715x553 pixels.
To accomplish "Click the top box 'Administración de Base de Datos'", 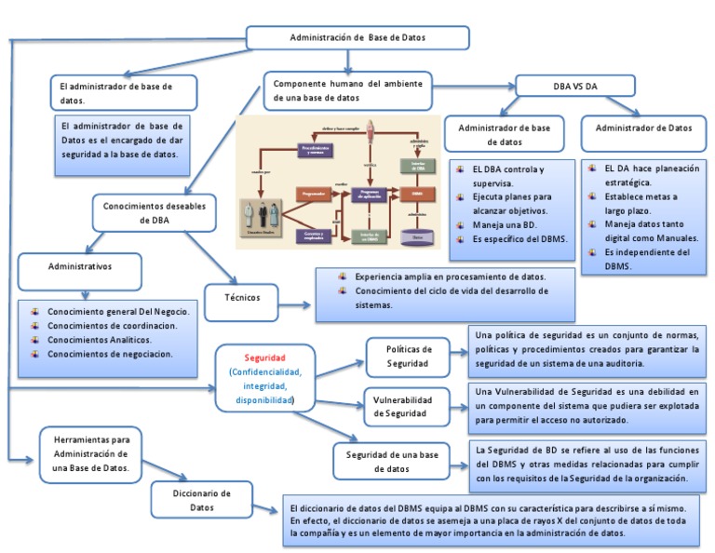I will (x=357, y=37).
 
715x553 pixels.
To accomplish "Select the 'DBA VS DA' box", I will (x=574, y=86).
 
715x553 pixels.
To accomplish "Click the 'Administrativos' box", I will (x=80, y=267).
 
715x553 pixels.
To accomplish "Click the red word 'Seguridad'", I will (x=265, y=357).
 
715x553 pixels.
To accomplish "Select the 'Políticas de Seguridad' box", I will (x=408, y=356).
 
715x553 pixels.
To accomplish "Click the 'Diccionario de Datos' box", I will (x=202, y=500).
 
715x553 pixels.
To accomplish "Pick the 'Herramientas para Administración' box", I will (x=90, y=454).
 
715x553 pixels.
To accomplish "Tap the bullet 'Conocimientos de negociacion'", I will (x=109, y=355).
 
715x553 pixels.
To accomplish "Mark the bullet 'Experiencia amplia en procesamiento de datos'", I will (x=451, y=276).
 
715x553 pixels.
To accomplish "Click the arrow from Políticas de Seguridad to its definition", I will (x=457, y=350).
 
